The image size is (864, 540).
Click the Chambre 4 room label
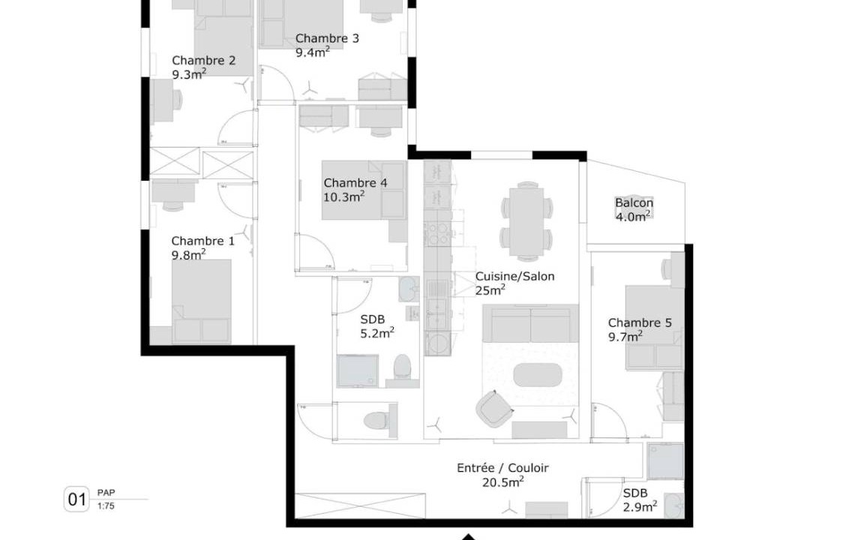click(x=355, y=183)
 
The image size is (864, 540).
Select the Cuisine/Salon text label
click(x=514, y=277)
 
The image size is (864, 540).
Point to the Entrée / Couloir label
click(x=502, y=468)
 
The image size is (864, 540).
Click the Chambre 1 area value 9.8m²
click(x=188, y=254)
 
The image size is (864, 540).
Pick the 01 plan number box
click(x=76, y=499)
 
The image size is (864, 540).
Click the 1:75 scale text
click(x=106, y=505)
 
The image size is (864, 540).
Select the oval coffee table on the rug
click(x=538, y=375)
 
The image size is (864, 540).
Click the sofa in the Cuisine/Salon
click(x=531, y=323)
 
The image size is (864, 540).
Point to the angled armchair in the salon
click(x=494, y=409)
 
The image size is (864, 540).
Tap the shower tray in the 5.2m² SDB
click(x=358, y=370)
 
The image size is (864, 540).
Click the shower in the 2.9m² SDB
click(x=665, y=460)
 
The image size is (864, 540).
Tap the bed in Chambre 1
click(x=201, y=301)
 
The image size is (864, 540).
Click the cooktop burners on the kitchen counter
click(x=437, y=234)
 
